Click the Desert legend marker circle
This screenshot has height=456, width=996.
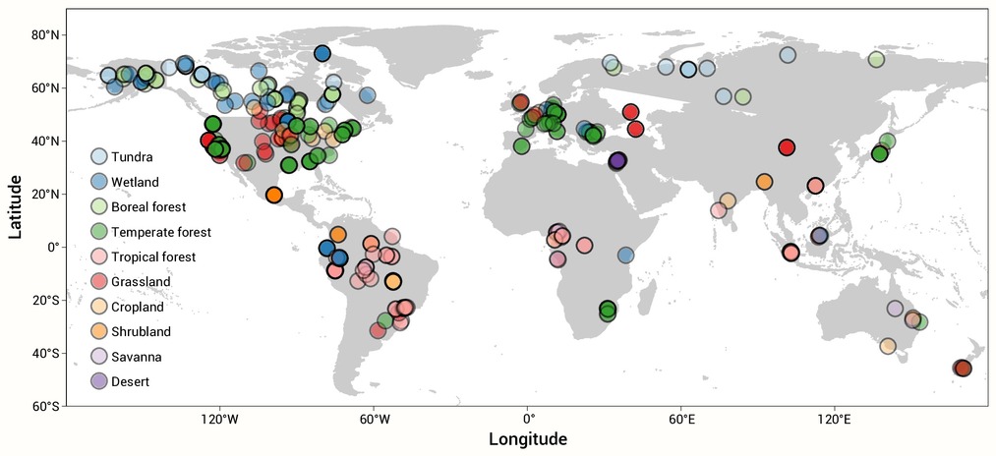point(99,381)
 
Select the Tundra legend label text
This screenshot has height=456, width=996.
point(132,157)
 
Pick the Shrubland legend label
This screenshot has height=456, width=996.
point(141,331)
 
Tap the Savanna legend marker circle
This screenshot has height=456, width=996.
point(99,357)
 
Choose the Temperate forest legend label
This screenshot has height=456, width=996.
point(161,233)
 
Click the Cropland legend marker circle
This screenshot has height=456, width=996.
point(99,307)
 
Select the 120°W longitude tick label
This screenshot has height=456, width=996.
point(220,420)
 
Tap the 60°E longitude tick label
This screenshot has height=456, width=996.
point(681,420)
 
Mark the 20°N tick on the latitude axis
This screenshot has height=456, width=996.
point(64,194)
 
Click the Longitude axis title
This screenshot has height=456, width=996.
point(528,439)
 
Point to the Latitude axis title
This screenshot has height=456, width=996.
point(16,207)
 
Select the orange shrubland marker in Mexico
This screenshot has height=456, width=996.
point(273,195)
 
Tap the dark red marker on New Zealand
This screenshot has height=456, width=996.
point(963,368)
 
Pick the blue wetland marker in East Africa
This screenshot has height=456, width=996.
point(625,256)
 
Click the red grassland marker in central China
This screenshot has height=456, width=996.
point(787,147)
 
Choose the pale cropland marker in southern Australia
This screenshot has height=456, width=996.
point(888,346)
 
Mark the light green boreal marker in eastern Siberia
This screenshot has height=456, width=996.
point(877,60)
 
